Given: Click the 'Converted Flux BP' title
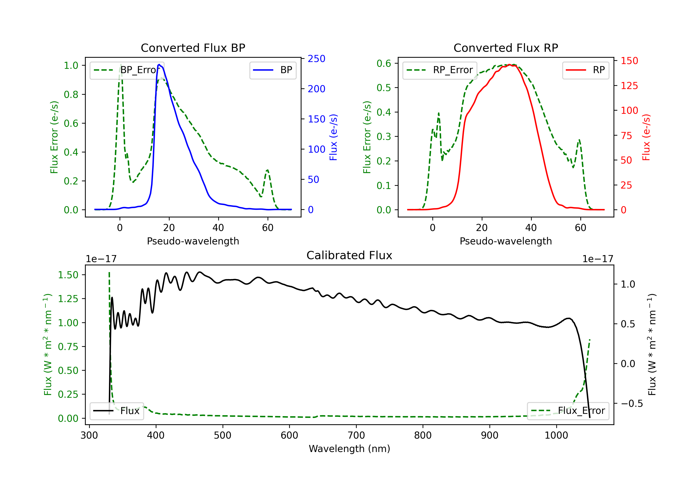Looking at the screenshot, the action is point(193,48).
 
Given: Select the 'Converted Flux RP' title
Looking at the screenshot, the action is point(506,48).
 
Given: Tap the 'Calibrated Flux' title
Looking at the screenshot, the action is point(349,255).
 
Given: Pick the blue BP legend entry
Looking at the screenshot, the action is point(273,70).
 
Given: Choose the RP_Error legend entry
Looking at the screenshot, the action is point(440,70).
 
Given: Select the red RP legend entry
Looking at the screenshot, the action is point(585,70).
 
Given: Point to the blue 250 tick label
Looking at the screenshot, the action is point(316,59).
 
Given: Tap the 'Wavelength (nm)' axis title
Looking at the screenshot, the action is point(349,449).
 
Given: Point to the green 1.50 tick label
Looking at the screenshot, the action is point(68,275).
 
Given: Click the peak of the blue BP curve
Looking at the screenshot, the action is point(159,65).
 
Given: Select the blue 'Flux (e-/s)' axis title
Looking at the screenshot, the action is point(333,137).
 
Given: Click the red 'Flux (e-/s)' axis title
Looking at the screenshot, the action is point(646,137).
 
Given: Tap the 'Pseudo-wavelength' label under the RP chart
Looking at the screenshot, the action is point(506,241).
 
